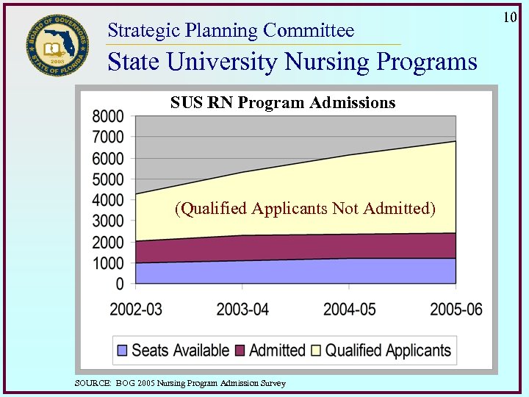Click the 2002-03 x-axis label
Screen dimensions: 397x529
[x=136, y=309]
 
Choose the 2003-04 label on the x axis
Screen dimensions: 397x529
[x=242, y=309]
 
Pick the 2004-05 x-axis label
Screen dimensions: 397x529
[x=349, y=309]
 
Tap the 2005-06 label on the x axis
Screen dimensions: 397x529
[x=456, y=309]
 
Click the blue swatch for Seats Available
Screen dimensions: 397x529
[x=123, y=351]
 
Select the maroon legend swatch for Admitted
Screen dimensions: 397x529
[x=240, y=351]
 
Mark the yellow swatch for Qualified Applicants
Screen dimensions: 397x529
[x=317, y=351]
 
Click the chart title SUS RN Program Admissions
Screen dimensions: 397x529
[x=283, y=103]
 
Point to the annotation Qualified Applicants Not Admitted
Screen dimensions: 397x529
[x=305, y=209]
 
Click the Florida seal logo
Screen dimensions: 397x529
[x=57, y=44]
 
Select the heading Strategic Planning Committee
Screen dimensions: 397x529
[x=231, y=30]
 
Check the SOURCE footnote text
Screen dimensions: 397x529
[x=180, y=383]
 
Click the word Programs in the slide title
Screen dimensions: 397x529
[x=426, y=62]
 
